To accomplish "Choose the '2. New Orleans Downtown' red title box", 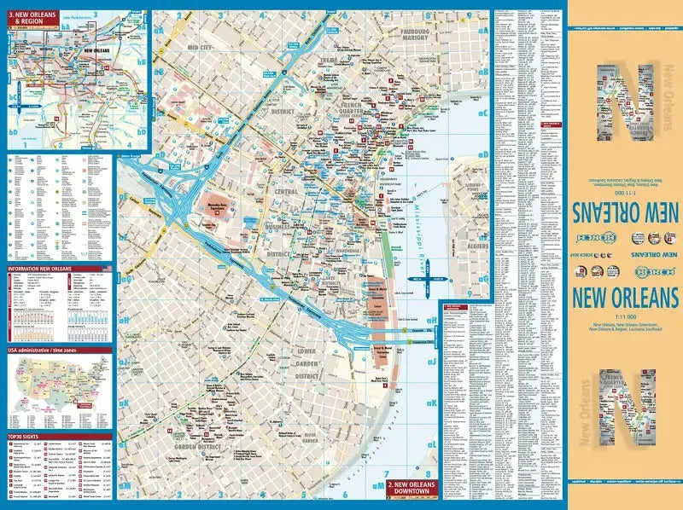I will (412, 489).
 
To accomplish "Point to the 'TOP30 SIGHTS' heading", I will (26, 436).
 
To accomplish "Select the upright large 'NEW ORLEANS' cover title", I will (625, 298).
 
